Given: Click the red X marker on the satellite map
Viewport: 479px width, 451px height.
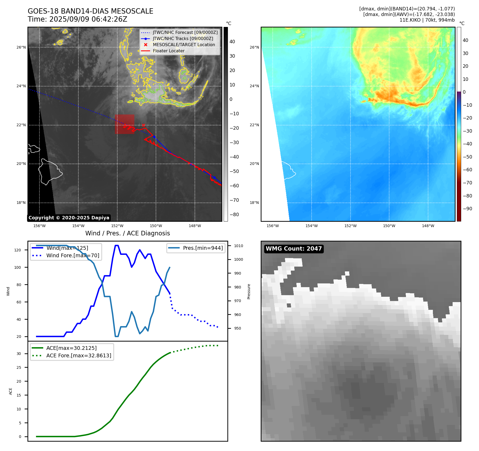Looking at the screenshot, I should (x=144, y=125).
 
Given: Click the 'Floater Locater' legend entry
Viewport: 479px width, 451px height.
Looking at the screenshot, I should (x=168, y=51).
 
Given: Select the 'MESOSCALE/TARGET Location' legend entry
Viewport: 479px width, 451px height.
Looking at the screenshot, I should (x=184, y=45).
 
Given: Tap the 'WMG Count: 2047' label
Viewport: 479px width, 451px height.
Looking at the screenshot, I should (x=293, y=249).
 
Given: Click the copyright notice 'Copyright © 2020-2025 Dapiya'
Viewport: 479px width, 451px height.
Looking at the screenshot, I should (x=69, y=218).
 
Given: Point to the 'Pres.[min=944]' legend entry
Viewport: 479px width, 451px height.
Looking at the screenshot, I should (x=203, y=248).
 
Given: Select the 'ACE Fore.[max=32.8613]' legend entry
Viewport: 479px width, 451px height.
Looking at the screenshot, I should (x=79, y=355).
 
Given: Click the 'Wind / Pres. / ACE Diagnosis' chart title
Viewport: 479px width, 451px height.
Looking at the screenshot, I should (x=127, y=233).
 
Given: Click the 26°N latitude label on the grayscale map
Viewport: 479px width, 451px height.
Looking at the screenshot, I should (x=21, y=48).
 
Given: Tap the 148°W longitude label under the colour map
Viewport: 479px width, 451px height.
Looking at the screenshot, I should (x=428, y=226).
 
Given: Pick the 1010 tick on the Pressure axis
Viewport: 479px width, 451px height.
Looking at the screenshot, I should (x=239, y=246).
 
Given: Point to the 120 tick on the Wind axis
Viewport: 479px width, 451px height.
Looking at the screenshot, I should (x=18, y=250).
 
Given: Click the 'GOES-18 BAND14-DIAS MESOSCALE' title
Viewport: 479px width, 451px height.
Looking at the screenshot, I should (x=90, y=11).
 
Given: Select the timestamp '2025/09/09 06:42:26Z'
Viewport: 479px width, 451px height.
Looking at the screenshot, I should (x=88, y=19).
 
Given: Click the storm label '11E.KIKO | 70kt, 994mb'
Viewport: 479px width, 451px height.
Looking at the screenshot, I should (x=427, y=20).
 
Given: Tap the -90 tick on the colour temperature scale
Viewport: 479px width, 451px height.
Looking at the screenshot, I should (x=467, y=209).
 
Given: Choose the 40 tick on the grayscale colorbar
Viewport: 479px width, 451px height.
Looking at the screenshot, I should (x=232, y=42).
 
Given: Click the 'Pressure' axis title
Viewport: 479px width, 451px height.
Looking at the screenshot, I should (x=249, y=291).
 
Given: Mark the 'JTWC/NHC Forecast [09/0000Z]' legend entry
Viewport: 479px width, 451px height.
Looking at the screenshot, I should (x=185, y=33).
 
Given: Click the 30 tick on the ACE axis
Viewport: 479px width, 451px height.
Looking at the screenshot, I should (x=19, y=354).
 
